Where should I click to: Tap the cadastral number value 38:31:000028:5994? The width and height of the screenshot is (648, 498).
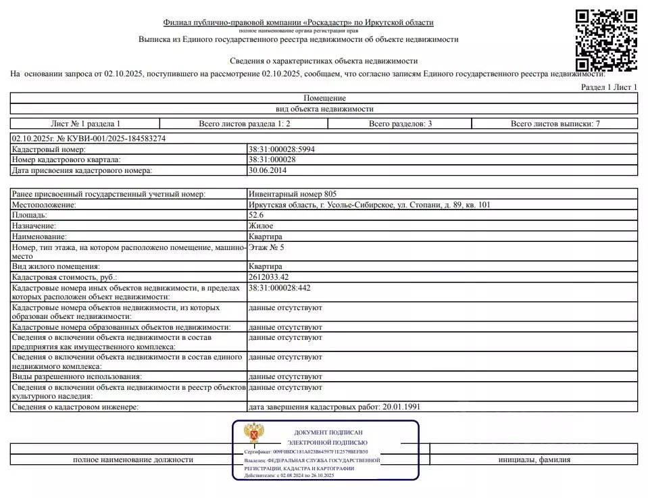(x=282, y=149)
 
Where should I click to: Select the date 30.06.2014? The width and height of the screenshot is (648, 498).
(x=268, y=170)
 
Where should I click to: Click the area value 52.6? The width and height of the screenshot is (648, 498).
(x=257, y=215)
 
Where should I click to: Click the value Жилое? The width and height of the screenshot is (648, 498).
(x=261, y=226)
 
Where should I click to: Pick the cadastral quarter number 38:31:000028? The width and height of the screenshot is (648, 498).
(x=272, y=159)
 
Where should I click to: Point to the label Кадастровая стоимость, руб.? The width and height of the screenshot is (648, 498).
(x=65, y=277)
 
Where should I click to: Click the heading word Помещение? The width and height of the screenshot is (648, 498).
(x=324, y=99)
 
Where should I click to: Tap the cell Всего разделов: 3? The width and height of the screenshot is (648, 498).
(x=401, y=124)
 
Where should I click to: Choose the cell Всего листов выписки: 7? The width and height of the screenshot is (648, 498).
(x=555, y=124)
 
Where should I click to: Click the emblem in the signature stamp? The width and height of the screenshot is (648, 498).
(x=254, y=434)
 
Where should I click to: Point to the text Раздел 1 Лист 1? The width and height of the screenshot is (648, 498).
(x=609, y=88)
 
